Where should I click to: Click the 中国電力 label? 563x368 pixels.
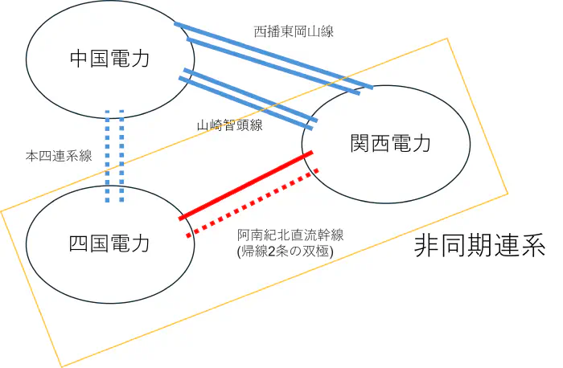[x=110, y=59]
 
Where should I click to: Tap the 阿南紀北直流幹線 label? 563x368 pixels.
[x=290, y=235]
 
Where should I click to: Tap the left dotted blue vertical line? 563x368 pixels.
[x=108, y=157]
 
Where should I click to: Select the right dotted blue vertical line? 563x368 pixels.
[x=121, y=157]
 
